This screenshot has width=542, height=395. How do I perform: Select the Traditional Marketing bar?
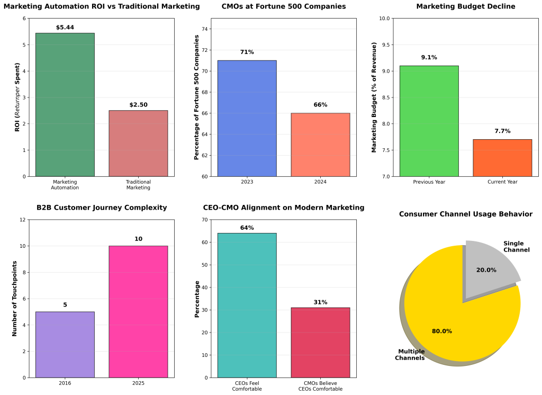pyautogui.click(x=138, y=143)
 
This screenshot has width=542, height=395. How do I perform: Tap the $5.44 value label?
pyautogui.click(x=65, y=27)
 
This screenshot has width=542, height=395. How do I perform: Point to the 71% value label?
pyautogui.click(x=247, y=52)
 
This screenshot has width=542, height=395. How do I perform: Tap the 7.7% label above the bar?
pyautogui.click(x=502, y=131)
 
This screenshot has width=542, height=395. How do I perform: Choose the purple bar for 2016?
pyautogui.click(x=65, y=345)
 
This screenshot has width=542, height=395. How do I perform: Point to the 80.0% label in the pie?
pyautogui.click(x=442, y=331)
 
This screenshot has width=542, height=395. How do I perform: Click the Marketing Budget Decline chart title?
pyautogui.click(x=465, y=6)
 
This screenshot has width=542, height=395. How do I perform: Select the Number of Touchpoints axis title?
pyautogui.click(x=15, y=298)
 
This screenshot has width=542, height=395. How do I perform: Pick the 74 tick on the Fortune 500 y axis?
pyautogui.click(x=205, y=29)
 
